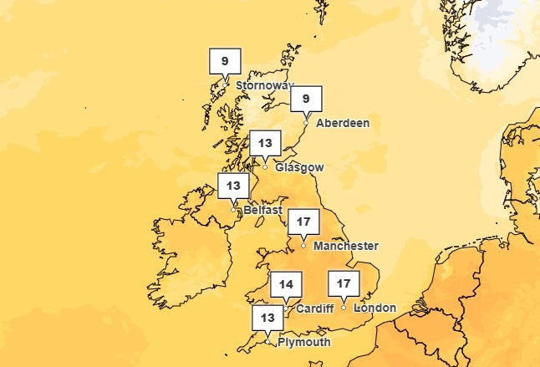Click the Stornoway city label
[x=265, y=86]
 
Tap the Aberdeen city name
[x=342, y=123]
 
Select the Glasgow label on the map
[x=299, y=167]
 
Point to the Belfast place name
[x=262, y=211]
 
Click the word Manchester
[x=345, y=247]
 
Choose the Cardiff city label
[x=314, y=308]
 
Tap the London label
[x=374, y=308]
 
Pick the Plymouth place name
[x=303, y=342]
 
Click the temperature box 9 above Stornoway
[x=224, y=61]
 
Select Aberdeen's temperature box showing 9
[x=306, y=99]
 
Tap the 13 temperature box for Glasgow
[x=266, y=143]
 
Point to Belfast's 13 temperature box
[x=233, y=186]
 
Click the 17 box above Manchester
[x=303, y=223]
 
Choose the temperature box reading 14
[x=286, y=284]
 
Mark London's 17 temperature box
[x=343, y=284]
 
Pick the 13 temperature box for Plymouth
[x=267, y=318]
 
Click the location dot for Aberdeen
[x=306, y=123]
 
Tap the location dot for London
[x=343, y=308]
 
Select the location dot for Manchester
[x=303, y=247]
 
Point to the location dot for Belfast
[x=233, y=210]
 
